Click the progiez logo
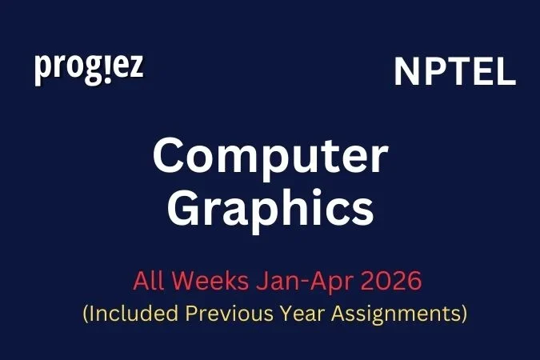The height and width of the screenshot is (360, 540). point(89,68)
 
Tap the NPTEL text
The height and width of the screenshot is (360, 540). point(454,73)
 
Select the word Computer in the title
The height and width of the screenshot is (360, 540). point(270,157)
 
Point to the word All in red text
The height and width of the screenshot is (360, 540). point(147,282)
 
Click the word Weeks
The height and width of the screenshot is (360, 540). point(209,282)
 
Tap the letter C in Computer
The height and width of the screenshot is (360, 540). point(170,157)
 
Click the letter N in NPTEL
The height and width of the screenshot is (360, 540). point(406,73)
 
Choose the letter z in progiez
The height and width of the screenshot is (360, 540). point(136,68)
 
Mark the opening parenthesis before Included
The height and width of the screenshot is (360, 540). point(86,314)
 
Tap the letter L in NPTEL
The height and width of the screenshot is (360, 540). point(506,73)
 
